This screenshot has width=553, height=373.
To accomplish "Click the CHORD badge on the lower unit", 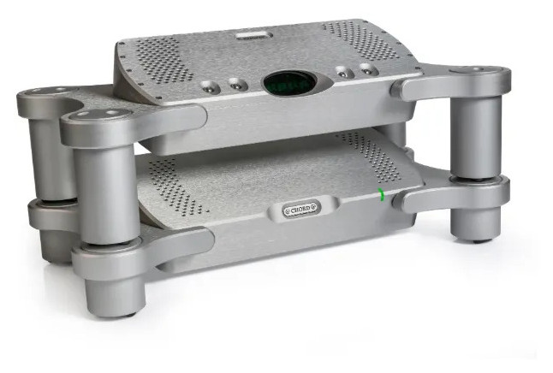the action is click(301, 209).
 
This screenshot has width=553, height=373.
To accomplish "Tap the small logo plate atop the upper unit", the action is click(254, 35).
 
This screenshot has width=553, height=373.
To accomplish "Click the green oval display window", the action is click(290, 84).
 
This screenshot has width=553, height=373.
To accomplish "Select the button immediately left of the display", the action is click(236, 84).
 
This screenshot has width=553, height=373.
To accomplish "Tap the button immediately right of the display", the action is click(342, 73).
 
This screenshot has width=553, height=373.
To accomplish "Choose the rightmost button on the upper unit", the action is click(368, 69).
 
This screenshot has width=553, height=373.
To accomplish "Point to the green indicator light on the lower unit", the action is click(381, 194).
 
